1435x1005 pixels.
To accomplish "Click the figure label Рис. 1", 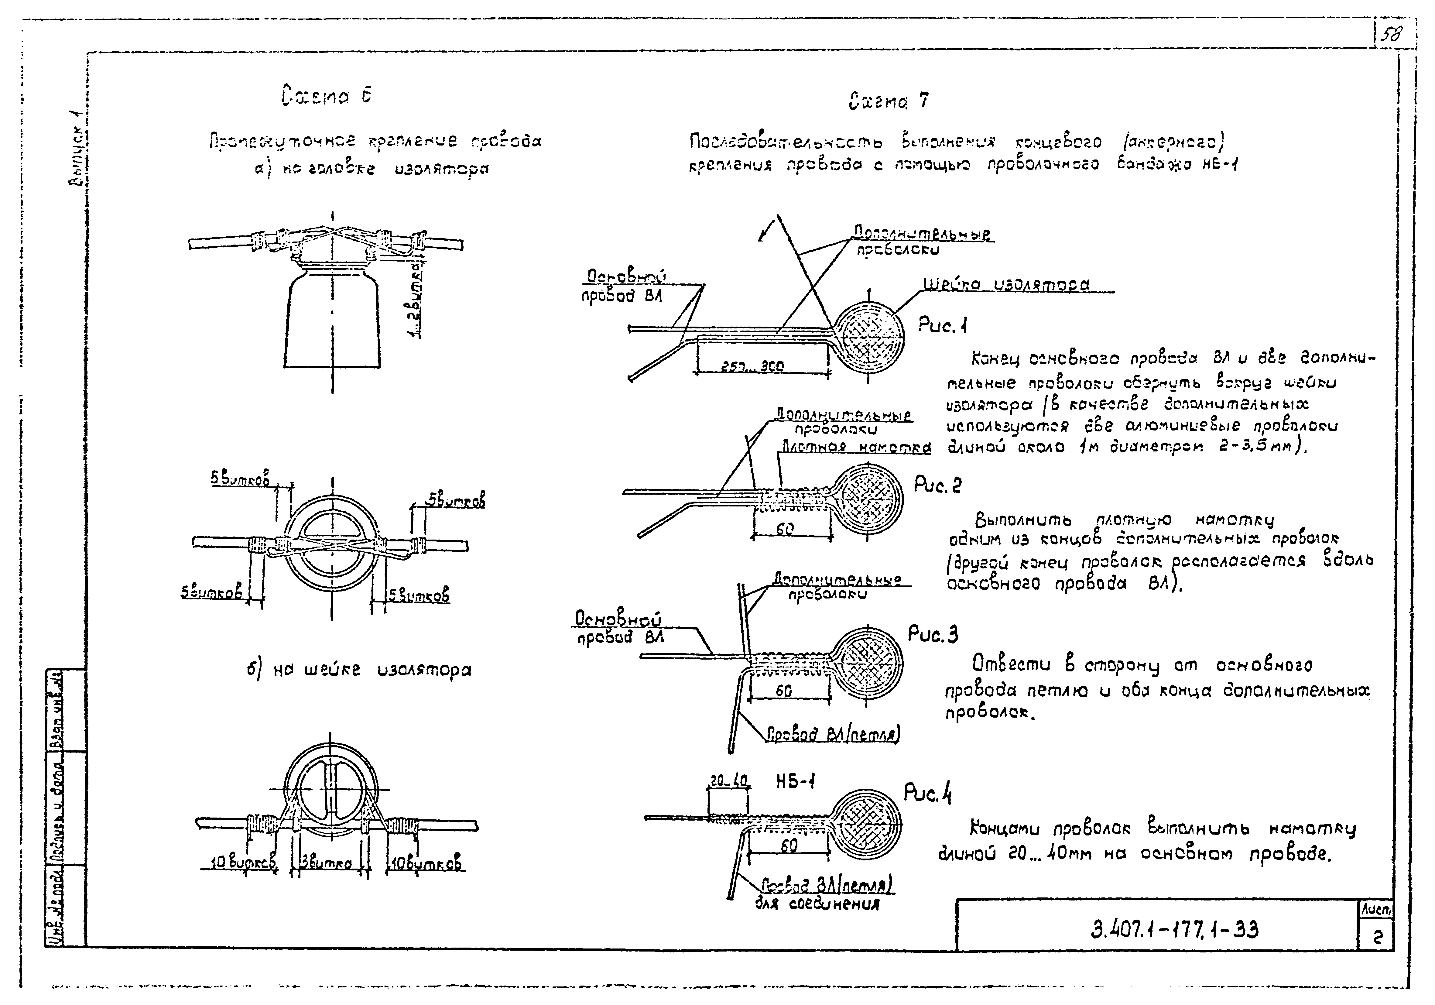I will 943,325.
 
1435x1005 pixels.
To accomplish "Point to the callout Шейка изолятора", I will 1006,285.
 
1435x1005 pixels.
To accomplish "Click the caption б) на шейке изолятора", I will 359,670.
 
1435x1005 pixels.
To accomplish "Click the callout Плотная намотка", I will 856,448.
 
